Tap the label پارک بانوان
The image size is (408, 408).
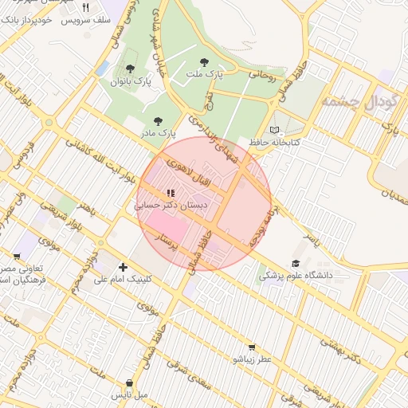[131, 81]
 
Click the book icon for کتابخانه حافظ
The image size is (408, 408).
[275, 130]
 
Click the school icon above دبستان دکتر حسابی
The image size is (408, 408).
[170, 193]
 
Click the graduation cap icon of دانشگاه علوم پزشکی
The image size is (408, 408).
[296, 263]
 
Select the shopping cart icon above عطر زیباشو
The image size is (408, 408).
[252, 347]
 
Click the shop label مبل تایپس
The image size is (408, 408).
[129, 394]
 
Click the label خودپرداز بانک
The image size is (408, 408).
[25, 19]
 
